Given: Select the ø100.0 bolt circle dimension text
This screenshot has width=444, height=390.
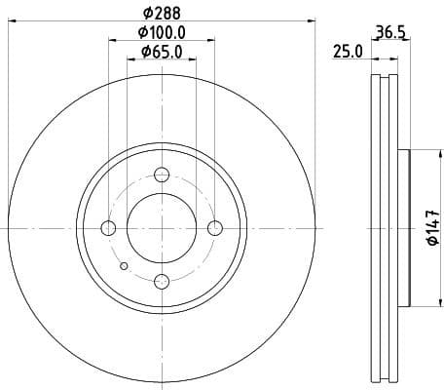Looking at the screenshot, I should (162, 33).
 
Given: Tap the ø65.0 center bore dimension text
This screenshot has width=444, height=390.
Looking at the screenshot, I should (162, 51).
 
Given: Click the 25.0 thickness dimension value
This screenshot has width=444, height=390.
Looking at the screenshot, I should (348, 51).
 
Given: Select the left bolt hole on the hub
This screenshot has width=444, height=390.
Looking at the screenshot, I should (108, 228).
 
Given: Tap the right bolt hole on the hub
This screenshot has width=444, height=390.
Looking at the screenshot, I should (216, 228).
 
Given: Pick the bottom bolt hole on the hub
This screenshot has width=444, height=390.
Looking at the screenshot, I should (163, 282).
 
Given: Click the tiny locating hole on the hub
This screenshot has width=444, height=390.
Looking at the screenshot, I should (123, 265).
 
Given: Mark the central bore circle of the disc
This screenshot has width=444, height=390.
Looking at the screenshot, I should (163, 228).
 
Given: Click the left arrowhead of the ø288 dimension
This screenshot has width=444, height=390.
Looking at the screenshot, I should (11, 20).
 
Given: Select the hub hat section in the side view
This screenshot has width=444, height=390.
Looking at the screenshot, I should (402, 228).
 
